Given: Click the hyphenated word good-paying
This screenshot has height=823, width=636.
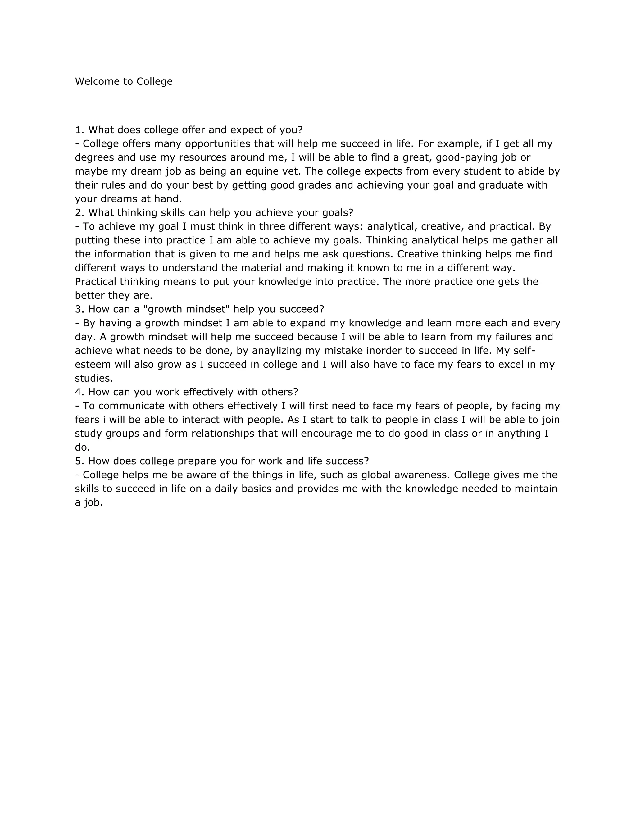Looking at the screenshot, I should click(467, 157).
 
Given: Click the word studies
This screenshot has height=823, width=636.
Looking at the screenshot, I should click(94, 378).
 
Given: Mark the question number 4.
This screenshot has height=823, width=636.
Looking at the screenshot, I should click(79, 392).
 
